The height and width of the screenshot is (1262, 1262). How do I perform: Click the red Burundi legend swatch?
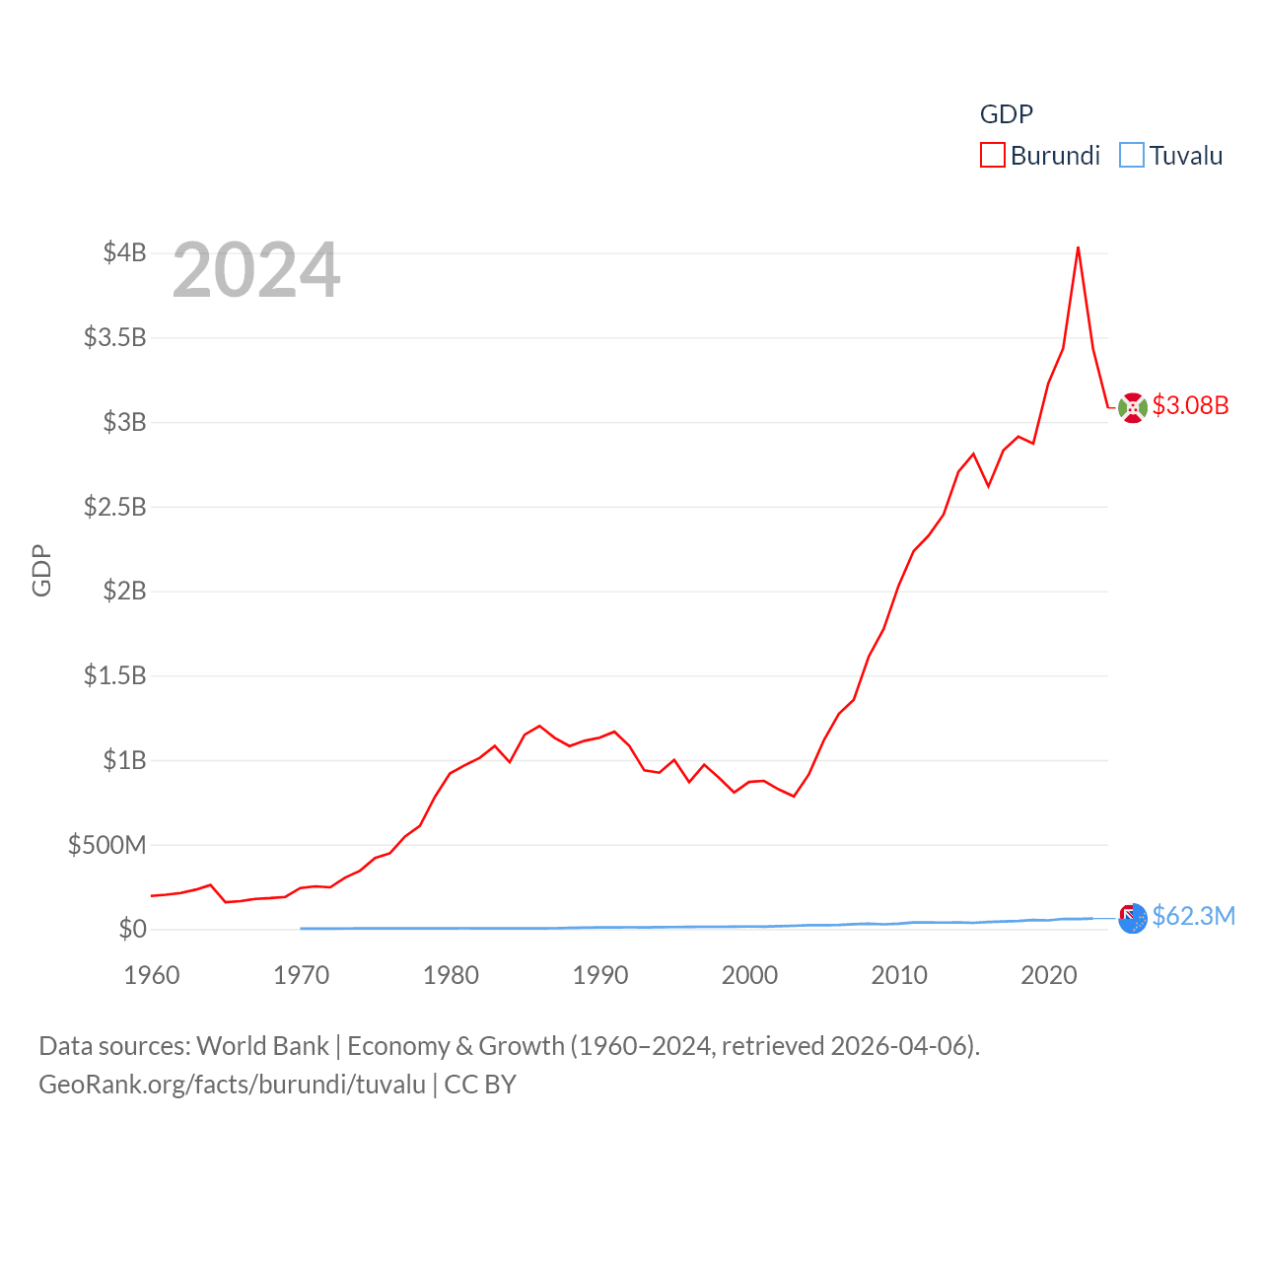[x=992, y=156]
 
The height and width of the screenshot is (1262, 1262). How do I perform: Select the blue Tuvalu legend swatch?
[x=1132, y=156]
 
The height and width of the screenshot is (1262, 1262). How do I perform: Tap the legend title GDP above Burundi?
[x=1006, y=114]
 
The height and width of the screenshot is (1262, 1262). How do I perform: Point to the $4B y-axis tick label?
[x=125, y=252]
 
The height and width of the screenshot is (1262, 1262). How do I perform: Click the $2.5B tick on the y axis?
[x=115, y=507]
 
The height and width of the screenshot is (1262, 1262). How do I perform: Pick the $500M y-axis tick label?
[x=107, y=845]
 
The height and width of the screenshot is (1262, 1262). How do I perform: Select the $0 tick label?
[x=132, y=929]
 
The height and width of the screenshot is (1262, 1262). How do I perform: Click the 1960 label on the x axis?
[x=152, y=975]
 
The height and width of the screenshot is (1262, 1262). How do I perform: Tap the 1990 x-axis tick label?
[x=600, y=975]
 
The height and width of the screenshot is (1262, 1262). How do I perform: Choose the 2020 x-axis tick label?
[x=1049, y=975]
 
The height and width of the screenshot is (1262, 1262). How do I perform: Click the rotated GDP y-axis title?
[x=41, y=570]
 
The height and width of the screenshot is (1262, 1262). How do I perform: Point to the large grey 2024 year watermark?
[x=256, y=270]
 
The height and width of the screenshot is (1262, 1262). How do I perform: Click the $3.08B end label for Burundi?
[x=1190, y=405]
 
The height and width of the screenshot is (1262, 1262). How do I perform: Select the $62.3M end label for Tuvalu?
[x=1193, y=916]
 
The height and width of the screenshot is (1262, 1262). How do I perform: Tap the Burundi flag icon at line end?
[x=1133, y=407]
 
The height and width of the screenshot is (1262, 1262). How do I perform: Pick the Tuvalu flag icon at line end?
[x=1133, y=918]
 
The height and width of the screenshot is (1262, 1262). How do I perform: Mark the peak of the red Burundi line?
[x=1078, y=247]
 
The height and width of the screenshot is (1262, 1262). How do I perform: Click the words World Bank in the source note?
[x=262, y=1046]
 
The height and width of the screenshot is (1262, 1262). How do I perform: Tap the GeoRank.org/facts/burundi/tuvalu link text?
[x=233, y=1085]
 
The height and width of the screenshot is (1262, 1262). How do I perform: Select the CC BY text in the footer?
[x=480, y=1085]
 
